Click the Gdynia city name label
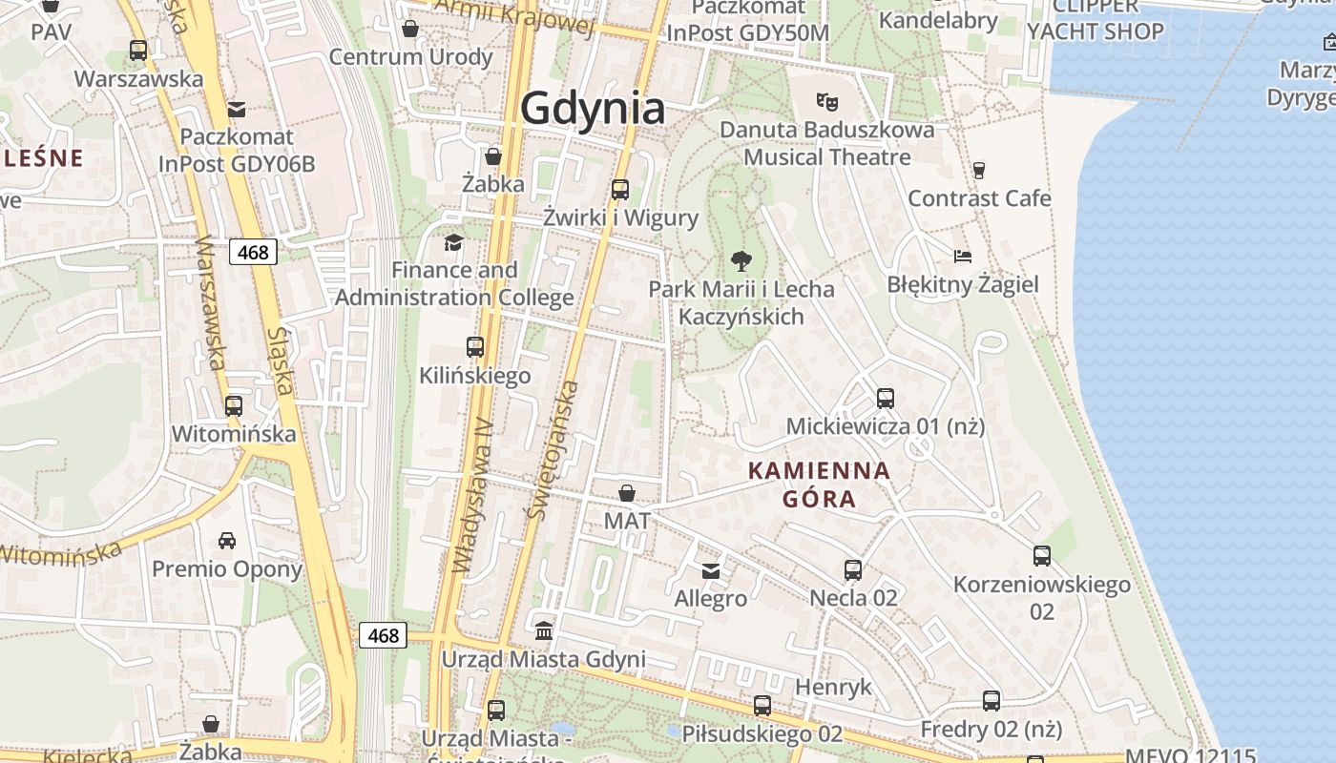pos(593,108)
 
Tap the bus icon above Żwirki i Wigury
pos(620,189)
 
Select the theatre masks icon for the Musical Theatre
pos(826,99)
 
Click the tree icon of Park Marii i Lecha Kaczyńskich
pos(740,260)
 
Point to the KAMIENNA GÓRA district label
pos(819,484)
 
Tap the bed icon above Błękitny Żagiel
pos(962,256)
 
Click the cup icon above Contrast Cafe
pos(978,171)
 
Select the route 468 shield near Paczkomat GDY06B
pos(253,252)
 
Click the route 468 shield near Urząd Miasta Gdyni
pos(383,635)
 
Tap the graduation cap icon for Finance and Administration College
pos(453,242)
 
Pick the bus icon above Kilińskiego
pos(475,347)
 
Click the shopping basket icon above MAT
pos(627,493)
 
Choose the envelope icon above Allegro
pos(711,571)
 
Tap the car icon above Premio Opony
pos(227,541)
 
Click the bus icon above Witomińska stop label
pos(234,405)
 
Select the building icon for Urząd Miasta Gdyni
pos(544,630)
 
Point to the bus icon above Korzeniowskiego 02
pos(1042,555)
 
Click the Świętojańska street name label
pos(552,450)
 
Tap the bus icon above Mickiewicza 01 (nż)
pos(886,398)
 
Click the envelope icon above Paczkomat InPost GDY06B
pos(237,109)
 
